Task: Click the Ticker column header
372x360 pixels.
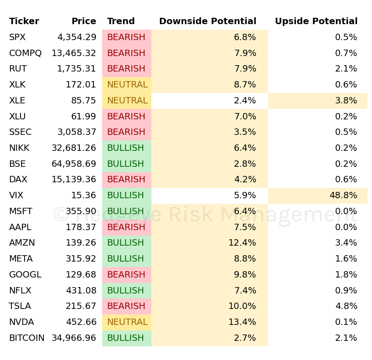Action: click(x=24, y=21)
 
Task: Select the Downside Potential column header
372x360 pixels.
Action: click(x=207, y=21)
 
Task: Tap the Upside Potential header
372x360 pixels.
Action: click(x=316, y=21)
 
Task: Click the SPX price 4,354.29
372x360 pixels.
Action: click(x=77, y=37)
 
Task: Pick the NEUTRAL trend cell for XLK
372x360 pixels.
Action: click(x=127, y=85)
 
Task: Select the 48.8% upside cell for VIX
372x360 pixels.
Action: click(x=343, y=195)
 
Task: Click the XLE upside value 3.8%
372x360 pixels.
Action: click(x=346, y=101)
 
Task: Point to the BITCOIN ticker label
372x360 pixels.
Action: click(x=26, y=338)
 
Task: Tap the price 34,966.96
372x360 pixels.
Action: click(x=74, y=338)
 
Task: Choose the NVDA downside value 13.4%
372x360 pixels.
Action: click(x=242, y=322)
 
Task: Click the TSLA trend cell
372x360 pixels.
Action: click(x=126, y=306)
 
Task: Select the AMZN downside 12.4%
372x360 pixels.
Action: click(x=242, y=243)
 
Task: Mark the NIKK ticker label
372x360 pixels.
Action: click(x=19, y=148)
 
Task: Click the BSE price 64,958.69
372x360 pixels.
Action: click(x=74, y=164)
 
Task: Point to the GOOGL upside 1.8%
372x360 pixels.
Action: click(x=346, y=275)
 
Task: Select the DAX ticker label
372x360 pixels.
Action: click(x=18, y=180)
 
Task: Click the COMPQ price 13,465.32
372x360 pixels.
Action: click(x=74, y=53)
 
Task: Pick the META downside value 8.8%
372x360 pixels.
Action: click(x=245, y=259)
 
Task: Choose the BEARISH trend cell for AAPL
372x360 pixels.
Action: click(x=126, y=227)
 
